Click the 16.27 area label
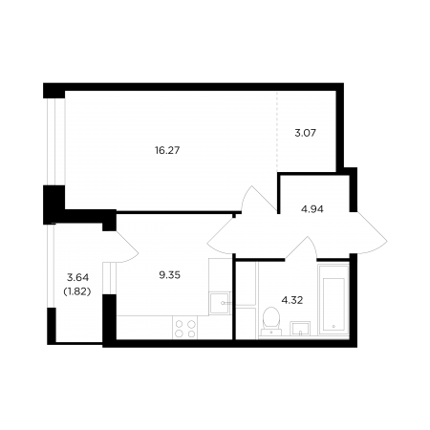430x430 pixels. pos(167,150)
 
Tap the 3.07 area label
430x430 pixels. pos(306,133)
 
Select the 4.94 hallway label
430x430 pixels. pos(312,209)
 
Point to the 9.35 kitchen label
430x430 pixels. pos(170,275)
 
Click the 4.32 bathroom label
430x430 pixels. pos(292,300)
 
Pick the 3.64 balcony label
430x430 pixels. pos(77,278)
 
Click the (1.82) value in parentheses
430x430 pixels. pos(77,291)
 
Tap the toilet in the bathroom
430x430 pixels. pos(271,321)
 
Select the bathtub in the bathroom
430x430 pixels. pos(333,300)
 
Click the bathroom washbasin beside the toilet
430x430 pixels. pos(300,329)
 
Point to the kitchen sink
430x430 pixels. pos(220,303)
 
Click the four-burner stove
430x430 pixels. pos(185,328)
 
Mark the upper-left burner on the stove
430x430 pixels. pos(180,324)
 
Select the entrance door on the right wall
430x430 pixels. pos(371,233)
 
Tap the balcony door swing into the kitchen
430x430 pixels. pos(128,247)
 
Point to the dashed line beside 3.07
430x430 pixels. pos(277,131)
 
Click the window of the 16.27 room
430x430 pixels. pos(52,141)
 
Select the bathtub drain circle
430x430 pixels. pos(333,327)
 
